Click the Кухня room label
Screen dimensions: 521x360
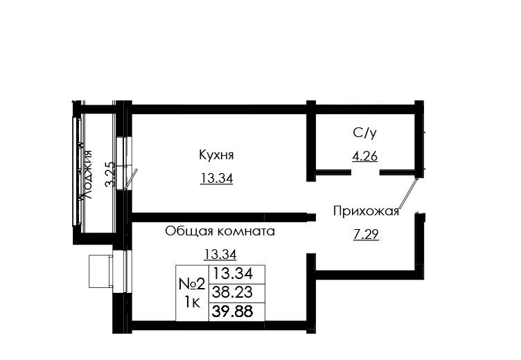[216, 155]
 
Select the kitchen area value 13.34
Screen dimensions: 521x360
[216, 179]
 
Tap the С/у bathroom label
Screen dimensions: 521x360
[365, 133]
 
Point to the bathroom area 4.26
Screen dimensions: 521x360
[365, 156]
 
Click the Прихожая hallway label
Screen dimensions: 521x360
[366, 212]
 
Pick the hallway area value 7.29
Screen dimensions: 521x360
[366, 235]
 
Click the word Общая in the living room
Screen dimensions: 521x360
[188, 231]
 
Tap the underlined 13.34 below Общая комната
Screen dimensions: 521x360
[220, 255]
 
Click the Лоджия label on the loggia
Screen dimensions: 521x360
[87, 174]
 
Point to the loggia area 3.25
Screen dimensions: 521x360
[110, 174]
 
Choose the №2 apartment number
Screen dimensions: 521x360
[192, 284]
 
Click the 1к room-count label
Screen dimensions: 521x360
[192, 303]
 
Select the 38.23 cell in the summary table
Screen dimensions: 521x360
[232, 293]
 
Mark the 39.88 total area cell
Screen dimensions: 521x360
[232, 312]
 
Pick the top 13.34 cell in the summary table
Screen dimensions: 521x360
[232, 274]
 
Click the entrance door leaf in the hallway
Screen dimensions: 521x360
[408, 193]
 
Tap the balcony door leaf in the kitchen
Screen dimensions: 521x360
[130, 179]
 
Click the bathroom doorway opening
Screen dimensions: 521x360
[365, 172]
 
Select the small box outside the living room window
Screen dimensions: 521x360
[100, 271]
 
